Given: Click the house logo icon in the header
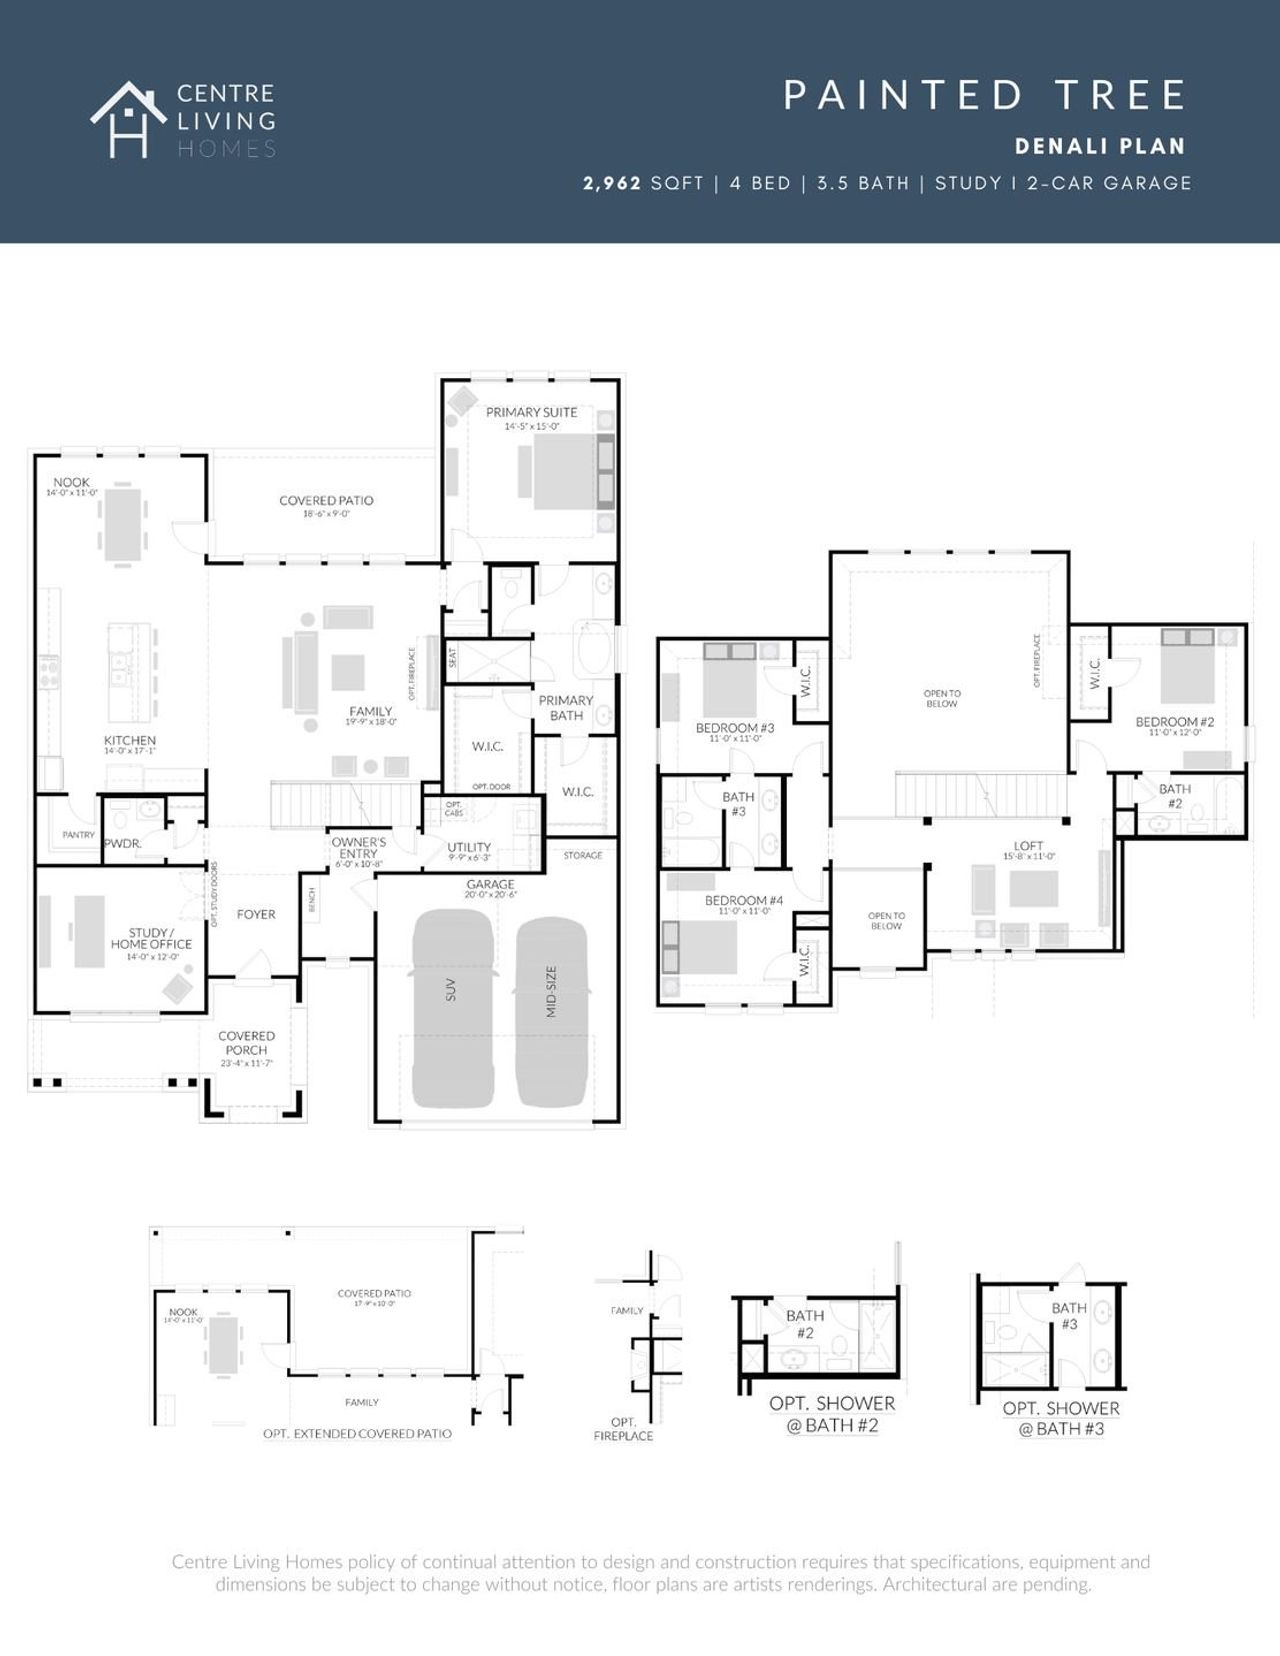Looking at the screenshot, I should tap(128, 120).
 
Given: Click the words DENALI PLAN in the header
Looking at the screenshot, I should tap(1099, 146).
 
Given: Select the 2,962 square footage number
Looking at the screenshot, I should tap(612, 183).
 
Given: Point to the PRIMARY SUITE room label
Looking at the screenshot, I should tap(531, 412).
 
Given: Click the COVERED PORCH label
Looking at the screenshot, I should tap(246, 1043).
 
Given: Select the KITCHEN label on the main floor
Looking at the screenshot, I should tap(130, 740).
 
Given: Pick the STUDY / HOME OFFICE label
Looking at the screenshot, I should tap(151, 938).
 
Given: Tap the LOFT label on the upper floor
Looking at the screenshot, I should tap(1028, 846).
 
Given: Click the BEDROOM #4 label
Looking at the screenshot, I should tap(743, 900).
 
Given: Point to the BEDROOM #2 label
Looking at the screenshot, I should tap(1174, 721).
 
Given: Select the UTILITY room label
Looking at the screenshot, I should tap(469, 847).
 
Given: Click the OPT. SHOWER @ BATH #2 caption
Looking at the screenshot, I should tap(832, 1414).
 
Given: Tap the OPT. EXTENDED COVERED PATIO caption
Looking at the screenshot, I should tap(357, 1433).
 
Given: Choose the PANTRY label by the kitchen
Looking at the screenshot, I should tap(78, 834).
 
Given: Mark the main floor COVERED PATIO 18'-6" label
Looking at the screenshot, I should tap(326, 501).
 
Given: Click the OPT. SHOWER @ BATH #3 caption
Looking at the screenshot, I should tap(1061, 1418).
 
